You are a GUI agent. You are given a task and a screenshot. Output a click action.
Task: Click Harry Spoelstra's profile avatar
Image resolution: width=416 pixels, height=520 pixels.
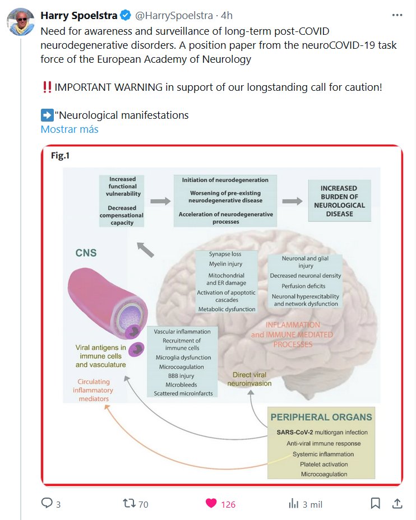pos(19,22)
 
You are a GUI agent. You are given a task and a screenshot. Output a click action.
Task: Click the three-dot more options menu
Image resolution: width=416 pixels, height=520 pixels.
pos(397,16)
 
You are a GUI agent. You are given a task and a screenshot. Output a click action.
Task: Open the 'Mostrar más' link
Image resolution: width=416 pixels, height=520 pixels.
pos(70,129)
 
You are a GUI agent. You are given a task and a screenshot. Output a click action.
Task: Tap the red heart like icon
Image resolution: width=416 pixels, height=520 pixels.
pos(211,503)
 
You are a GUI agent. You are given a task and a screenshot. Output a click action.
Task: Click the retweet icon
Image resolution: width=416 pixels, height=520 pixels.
pos(130,503)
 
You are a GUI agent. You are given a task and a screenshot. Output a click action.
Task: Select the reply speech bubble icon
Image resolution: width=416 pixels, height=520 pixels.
pos(47,503)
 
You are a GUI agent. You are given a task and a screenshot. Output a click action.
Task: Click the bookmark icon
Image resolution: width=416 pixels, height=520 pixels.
pos(375,503)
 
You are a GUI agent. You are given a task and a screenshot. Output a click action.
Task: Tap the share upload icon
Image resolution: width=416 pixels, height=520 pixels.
pos(397,503)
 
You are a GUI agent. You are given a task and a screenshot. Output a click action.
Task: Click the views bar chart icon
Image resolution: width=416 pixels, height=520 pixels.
pos(293,503)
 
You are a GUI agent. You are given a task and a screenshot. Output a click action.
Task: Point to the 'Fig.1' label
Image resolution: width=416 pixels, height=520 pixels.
pos(60,156)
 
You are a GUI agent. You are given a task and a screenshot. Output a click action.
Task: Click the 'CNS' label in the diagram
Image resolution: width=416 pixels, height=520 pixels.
pos(86,253)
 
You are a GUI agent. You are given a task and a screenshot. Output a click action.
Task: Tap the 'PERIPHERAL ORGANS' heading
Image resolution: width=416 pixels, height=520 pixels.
pos(321,417)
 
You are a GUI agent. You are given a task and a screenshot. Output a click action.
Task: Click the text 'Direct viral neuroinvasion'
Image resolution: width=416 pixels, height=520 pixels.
pos(249,379)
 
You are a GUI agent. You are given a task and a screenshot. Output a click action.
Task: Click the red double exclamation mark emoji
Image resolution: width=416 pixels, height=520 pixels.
pos(47,87)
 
